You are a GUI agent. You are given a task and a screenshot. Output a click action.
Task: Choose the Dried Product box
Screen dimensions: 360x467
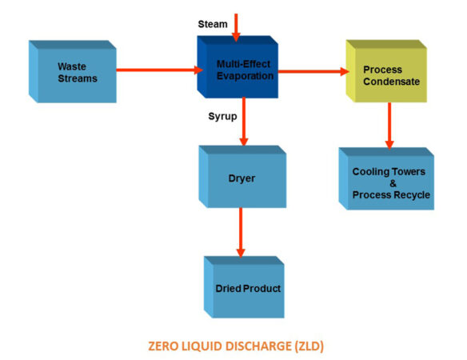(x=242, y=287)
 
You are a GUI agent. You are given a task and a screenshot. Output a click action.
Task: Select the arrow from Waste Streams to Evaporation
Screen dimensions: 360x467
(x=158, y=69)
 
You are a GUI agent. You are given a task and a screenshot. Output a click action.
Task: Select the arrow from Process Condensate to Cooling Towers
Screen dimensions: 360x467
(x=389, y=125)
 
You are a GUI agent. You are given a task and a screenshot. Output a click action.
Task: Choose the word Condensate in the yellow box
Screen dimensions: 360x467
(x=382, y=81)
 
